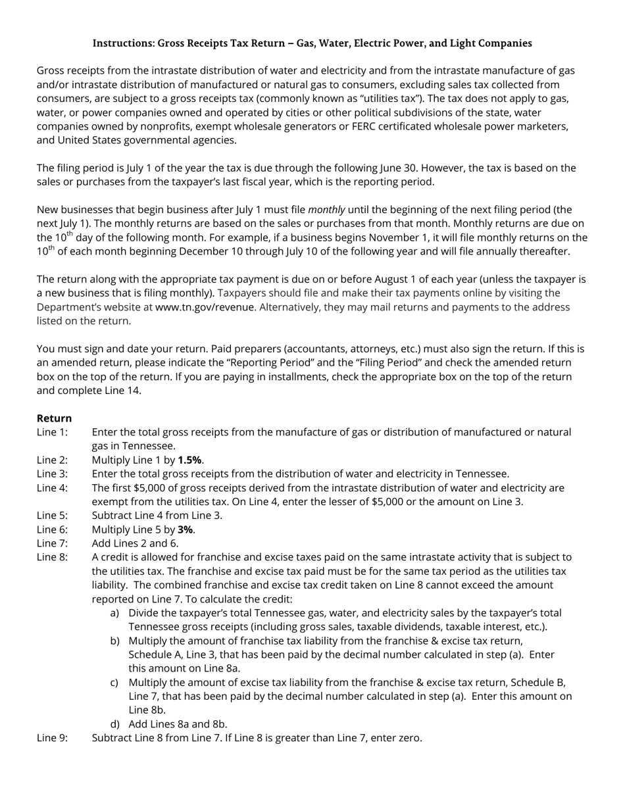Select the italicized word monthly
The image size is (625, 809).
pyautogui.click(x=326, y=210)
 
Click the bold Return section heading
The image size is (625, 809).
pyautogui.click(x=54, y=418)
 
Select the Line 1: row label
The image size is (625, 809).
pyautogui.click(x=52, y=432)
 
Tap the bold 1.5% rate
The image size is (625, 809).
pyautogui.click(x=189, y=460)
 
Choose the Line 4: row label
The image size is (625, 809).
pyautogui.click(x=52, y=488)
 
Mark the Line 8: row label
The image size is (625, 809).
pyautogui.click(x=52, y=557)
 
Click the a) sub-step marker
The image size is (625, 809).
pyautogui.click(x=115, y=613)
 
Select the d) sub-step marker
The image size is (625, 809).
pyautogui.click(x=115, y=724)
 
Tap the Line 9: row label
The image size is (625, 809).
pyautogui.click(x=52, y=738)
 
